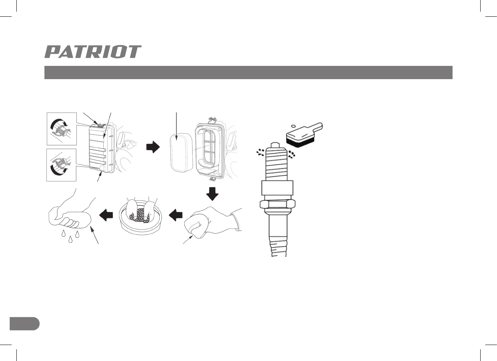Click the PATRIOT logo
(x=93, y=52)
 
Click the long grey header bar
(x=248, y=73)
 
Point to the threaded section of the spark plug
(x=278, y=164)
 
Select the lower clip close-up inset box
(x=61, y=165)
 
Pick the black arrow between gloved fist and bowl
(x=176, y=214)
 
